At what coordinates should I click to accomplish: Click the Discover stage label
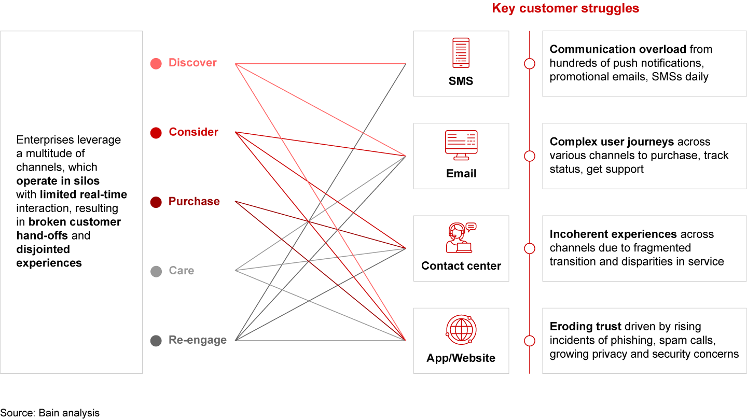192,63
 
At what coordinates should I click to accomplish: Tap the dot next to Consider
156,133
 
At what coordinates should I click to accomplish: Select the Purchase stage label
194,201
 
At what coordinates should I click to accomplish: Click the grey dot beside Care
156,271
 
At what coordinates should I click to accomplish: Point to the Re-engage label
197,340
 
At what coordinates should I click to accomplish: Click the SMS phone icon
461,52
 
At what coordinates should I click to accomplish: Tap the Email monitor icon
461,145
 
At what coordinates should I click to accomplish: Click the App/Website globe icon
461,330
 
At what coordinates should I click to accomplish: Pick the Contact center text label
461,266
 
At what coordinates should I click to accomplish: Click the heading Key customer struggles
565,8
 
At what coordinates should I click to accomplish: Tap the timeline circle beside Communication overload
530,64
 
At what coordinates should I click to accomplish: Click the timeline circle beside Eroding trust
530,341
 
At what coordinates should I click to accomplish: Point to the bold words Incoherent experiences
613,234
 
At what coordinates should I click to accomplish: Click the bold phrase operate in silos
58,181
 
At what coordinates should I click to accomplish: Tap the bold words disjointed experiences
49,256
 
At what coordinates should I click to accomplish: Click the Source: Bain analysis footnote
50,413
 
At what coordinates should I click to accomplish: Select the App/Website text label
461,358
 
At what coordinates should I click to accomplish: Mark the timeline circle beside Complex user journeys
530,156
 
